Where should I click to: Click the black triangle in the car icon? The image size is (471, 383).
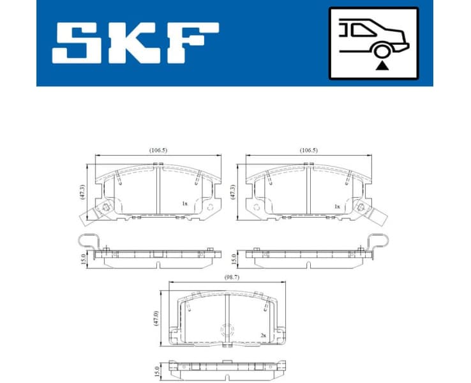click(381, 64)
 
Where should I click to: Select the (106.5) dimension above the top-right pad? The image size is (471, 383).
click(308, 150)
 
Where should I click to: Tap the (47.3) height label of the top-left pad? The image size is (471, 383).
click(82, 192)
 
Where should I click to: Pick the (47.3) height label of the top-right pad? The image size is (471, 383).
click(233, 192)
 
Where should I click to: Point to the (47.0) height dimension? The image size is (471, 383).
click(156, 318)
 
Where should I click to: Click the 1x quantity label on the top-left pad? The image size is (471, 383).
click(184, 204)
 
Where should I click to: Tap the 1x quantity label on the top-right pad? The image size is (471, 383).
click(336, 206)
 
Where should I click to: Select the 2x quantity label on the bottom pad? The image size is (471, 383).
click(263, 334)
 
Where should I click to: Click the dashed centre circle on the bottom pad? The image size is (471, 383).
click(227, 331)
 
